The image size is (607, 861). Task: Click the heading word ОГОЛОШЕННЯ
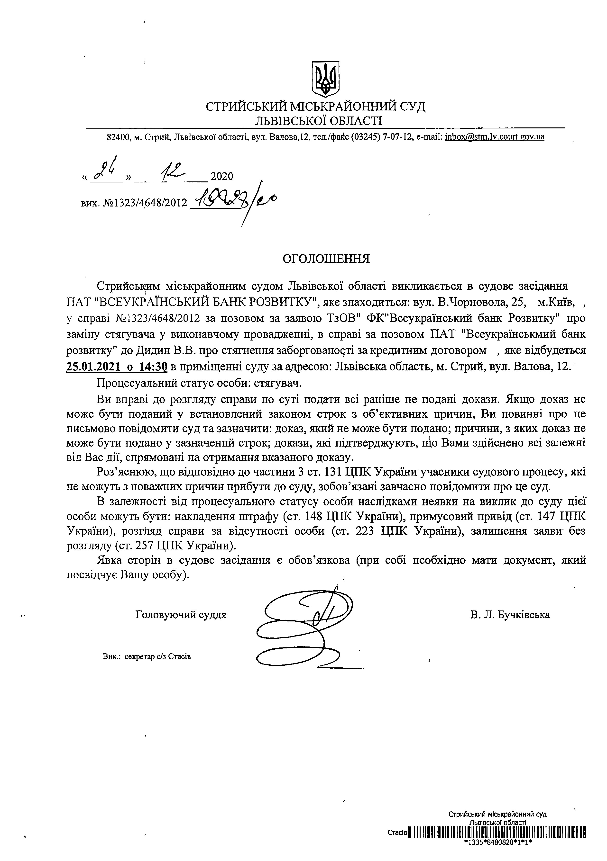(326, 259)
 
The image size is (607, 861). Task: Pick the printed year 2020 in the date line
(222, 176)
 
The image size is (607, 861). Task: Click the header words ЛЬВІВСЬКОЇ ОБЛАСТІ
(317, 120)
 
